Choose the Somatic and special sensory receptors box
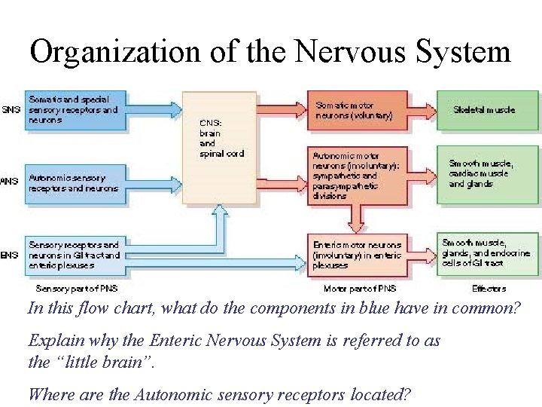[x=73, y=110]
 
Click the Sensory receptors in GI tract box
[x=73, y=255]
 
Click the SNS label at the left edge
[x=11, y=110]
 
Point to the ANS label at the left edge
[x=10, y=181]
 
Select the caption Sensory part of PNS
[x=77, y=288]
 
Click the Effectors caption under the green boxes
[x=489, y=288]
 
